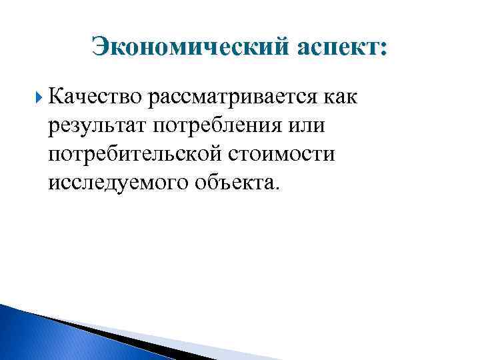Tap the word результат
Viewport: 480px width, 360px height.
click(x=97, y=126)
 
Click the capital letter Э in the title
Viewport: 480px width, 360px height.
click(x=101, y=49)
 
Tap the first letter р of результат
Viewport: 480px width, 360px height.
click(x=53, y=127)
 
